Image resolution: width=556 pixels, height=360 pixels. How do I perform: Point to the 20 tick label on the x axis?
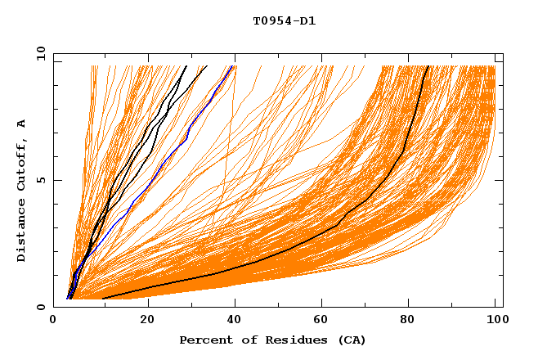tap(147, 320)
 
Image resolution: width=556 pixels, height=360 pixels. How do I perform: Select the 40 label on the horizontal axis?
tap(235, 320)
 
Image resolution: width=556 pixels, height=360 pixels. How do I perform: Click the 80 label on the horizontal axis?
tap(408, 320)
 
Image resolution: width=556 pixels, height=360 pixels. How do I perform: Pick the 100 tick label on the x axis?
tap(495, 320)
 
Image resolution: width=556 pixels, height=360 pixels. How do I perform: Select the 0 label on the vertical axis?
tap(40, 307)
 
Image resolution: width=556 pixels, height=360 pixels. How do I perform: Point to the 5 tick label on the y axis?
tap(40, 180)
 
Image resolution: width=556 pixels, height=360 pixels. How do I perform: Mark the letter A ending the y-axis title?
tap(21, 124)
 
